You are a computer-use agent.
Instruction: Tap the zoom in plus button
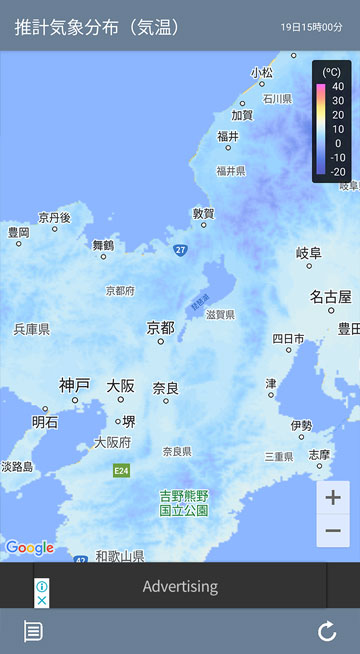tap(333, 497)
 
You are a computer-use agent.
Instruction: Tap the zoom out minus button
tap(333, 530)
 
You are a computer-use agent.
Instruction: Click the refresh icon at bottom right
tap(327, 631)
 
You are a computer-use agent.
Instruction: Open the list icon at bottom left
tap(33, 631)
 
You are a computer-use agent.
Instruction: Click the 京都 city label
tap(160, 328)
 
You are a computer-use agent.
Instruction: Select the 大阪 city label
tap(121, 385)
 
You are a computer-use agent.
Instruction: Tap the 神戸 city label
tap(74, 385)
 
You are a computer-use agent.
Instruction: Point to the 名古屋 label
tap(330, 297)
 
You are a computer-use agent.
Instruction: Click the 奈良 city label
tap(166, 387)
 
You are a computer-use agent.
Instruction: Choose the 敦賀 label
tap(203, 213)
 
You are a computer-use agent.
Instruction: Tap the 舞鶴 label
tap(103, 244)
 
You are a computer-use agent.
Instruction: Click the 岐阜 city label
tap(309, 253)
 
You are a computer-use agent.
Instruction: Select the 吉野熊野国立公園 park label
tap(184, 502)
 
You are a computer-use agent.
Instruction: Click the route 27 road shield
tap(179, 249)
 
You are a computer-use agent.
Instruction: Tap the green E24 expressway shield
tap(121, 470)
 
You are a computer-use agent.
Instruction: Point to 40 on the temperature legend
tap(338, 86)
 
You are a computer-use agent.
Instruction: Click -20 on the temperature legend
tap(337, 171)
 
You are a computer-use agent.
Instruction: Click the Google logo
tap(29, 547)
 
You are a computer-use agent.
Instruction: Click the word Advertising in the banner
tap(180, 586)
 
